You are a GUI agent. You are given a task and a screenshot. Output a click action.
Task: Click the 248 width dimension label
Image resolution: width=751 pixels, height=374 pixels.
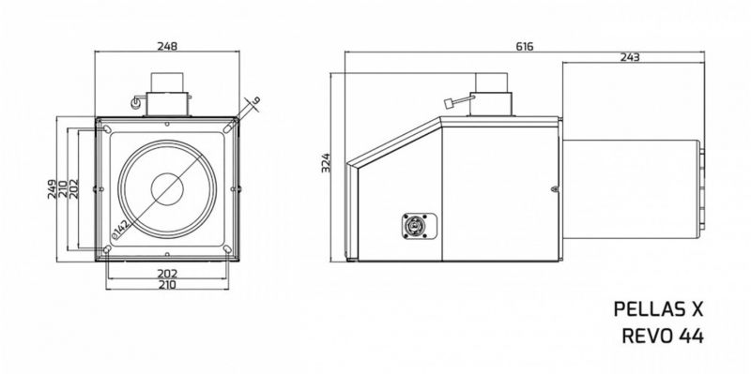click(x=167, y=46)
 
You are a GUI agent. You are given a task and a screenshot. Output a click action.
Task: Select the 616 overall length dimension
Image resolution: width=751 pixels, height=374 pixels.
click(x=525, y=46)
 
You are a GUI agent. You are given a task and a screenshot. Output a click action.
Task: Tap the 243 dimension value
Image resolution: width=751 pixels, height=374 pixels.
click(x=630, y=57)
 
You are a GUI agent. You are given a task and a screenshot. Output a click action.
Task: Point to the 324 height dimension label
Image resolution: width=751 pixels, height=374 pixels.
click(x=326, y=163)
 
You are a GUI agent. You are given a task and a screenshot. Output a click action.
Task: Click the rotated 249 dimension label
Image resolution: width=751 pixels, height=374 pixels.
click(x=53, y=189)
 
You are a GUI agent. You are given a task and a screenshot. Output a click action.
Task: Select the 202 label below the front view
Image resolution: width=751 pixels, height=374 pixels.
click(x=167, y=274)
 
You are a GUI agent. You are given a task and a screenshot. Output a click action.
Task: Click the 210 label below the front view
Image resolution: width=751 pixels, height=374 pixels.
click(x=167, y=285)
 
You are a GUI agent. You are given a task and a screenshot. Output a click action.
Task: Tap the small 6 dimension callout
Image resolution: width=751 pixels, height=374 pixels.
click(x=256, y=101)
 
